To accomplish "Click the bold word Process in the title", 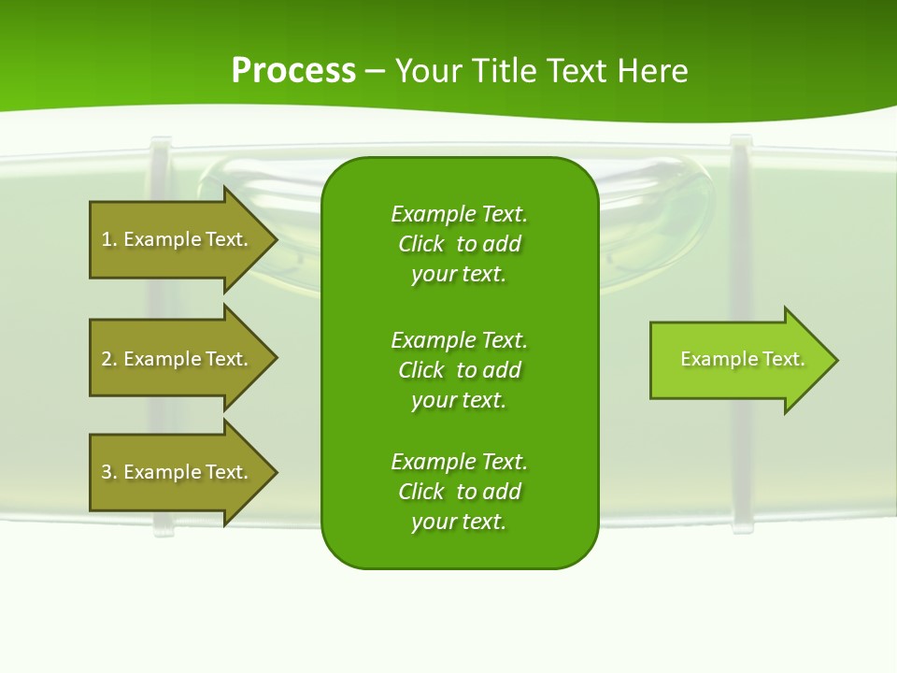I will pyautogui.click(x=293, y=70).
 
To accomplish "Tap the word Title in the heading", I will pyautogui.click(x=504, y=71).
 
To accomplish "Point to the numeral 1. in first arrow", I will pyautogui.click(x=108, y=239).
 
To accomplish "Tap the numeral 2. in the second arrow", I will pyautogui.click(x=108, y=359).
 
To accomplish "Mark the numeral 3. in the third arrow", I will pyautogui.click(x=108, y=472).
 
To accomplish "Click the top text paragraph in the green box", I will pyautogui.click(x=459, y=244).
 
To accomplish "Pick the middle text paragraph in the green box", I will pyautogui.click(x=459, y=369).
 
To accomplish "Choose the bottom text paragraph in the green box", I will pyautogui.click(x=459, y=492).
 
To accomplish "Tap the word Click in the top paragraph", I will pyautogui.click(x=421, y=244).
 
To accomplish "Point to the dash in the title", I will pyautogui.click(x=375, y=71).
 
